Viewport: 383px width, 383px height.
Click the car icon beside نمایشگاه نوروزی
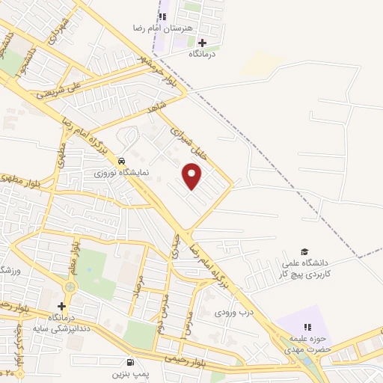(x=121, y=160)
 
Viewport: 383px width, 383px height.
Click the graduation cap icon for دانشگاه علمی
(x=304, y=251)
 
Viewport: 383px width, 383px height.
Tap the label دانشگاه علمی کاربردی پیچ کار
(x=304, y=270)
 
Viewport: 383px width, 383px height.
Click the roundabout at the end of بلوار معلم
(x=71, y=287)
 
